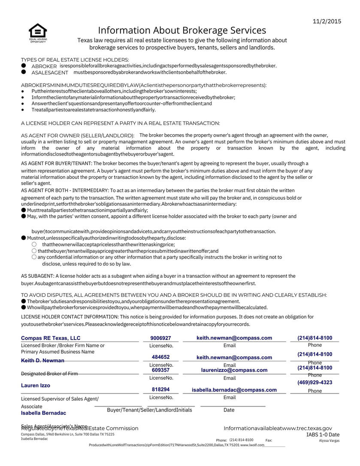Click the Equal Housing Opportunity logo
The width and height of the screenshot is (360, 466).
(38, 33)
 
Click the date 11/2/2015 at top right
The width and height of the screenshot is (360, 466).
(327, 21)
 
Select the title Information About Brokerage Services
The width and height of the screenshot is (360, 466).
(182, 30)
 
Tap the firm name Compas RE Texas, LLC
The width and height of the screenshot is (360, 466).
(51, 338)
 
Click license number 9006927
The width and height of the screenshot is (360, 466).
(161, 338)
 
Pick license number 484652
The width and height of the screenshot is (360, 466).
(161, 357)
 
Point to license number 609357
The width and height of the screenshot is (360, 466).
(161, 370)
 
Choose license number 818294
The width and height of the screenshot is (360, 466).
(161, 390)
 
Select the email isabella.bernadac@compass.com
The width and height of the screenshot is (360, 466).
(234, 390)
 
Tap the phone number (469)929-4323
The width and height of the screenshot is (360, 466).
(315, 382)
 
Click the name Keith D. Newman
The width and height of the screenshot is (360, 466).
(42, 361)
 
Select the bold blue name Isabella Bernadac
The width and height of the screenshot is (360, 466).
(43, 413)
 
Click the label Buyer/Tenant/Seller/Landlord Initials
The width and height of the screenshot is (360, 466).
(149, 410)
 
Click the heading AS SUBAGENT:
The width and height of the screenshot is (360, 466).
(37, 276)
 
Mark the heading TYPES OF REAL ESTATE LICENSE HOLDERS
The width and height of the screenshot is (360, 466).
(75, 60)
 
